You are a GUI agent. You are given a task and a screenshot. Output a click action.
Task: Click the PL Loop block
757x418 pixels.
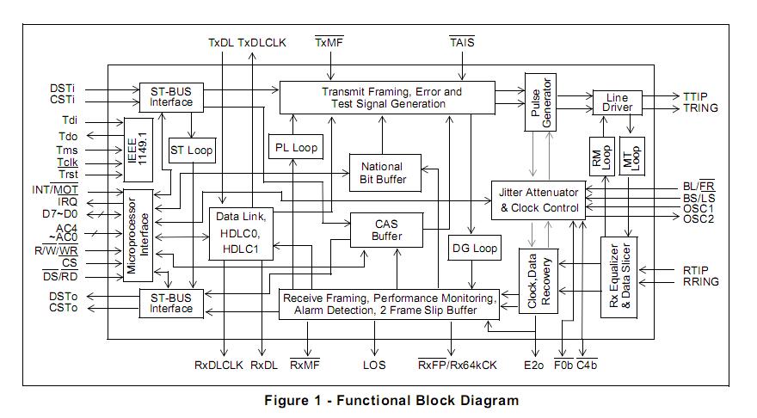[296, 147]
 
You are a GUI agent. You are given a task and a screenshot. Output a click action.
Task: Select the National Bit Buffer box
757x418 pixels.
[385, 173]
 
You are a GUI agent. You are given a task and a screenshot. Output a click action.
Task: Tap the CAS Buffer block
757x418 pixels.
[386, 230]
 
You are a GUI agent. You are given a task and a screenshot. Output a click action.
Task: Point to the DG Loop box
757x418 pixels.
[475, 248]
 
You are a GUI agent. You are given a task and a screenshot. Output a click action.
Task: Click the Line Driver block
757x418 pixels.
[617, 102]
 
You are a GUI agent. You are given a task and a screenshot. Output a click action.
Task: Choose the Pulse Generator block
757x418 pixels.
[540, 102]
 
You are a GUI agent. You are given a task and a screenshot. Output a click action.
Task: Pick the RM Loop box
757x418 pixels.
[601, 157]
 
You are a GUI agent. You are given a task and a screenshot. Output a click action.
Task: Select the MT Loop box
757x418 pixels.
[631, 157]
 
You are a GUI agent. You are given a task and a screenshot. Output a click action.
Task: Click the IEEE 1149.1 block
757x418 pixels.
[138, 150]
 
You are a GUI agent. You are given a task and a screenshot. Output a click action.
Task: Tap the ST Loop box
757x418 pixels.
[192, 151]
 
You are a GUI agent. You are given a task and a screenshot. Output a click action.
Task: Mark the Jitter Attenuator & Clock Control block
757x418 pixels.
[539, 200]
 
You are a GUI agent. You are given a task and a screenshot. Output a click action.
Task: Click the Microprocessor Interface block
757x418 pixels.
[138, 235]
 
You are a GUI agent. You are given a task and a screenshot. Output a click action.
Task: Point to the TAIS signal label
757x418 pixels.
[462, 42]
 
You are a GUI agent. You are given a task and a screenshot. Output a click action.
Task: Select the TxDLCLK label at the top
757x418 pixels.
[262, 42]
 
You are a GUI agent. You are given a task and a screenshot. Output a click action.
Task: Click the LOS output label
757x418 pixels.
[374, 365]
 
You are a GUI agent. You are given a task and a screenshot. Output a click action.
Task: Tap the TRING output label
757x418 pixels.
[700, 108]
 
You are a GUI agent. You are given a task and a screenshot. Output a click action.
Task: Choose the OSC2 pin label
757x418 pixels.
[699, 219]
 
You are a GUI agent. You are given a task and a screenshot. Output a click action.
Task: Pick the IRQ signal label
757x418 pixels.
[68, 202]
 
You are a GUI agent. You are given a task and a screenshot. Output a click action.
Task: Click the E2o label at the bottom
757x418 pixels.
[533, 365]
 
